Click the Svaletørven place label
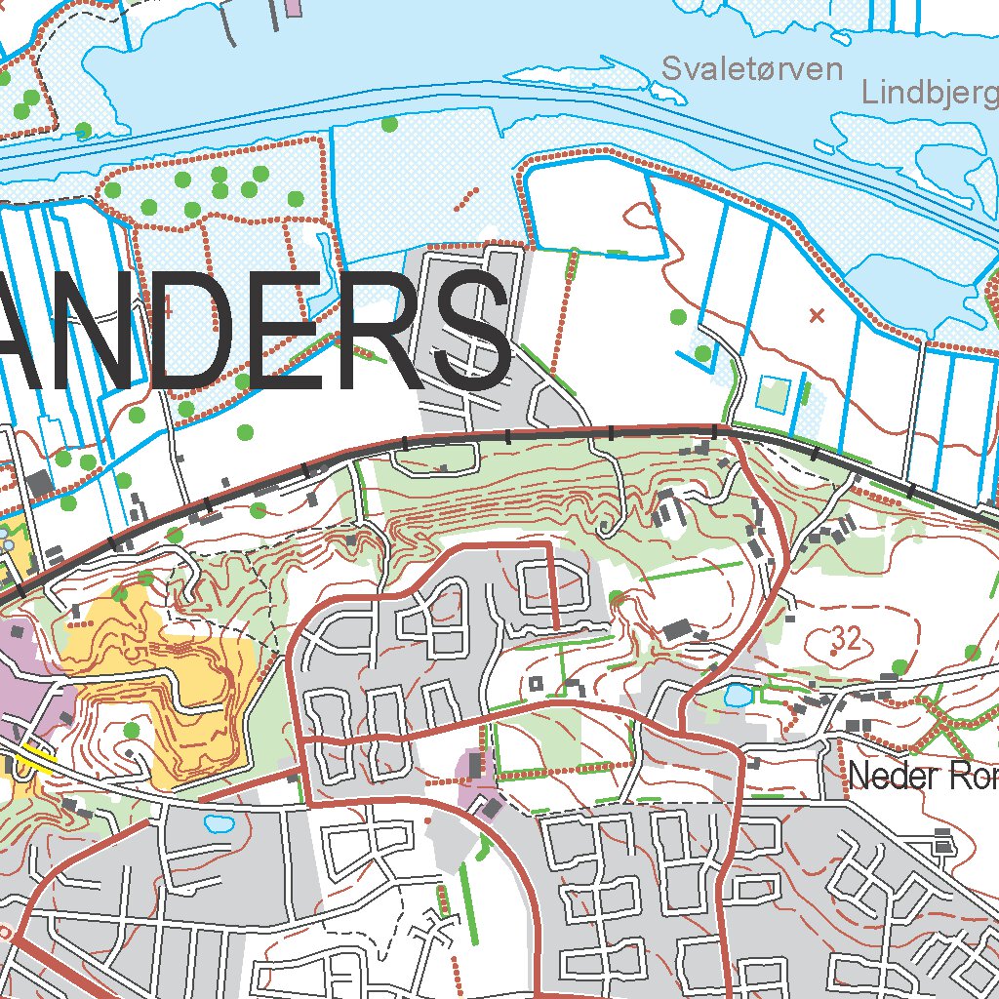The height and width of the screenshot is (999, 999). pos(751,69)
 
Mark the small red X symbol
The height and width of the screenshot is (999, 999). pos(818,314)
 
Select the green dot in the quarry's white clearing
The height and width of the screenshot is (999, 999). pos(131,730)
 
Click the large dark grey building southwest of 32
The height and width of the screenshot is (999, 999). pos(676,629)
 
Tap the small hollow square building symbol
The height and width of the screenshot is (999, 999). pos(535,683)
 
